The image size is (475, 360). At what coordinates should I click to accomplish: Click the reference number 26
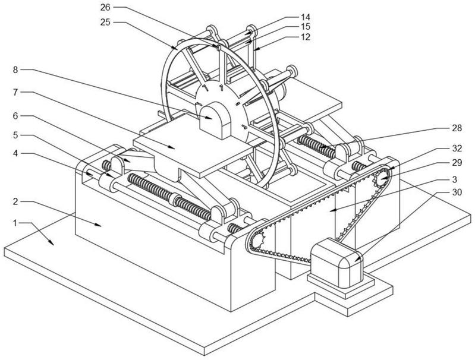[105, 7]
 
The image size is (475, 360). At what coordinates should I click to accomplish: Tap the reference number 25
[105, 22]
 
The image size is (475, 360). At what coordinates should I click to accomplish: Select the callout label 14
[306, 17]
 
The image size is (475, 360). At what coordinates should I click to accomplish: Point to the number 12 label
[306, 37]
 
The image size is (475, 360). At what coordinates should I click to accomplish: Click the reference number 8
[15, 70]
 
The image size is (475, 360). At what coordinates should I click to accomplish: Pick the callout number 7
[15, 92]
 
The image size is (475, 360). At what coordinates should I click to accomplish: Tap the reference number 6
[15, 116]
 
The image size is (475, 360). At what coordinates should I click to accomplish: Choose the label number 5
[15, 135]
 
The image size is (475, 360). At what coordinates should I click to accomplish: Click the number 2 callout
[15, 201]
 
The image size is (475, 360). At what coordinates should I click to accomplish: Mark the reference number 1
[15, 223]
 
